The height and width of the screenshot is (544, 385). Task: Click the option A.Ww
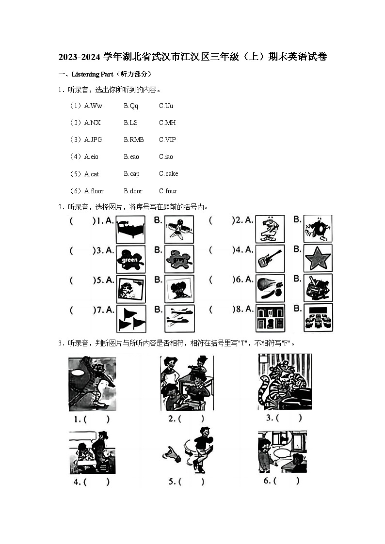point(93,106)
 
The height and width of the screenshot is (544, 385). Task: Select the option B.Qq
point(131,106)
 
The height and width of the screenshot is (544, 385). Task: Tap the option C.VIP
point(167,140)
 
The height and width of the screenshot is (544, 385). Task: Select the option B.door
point(133,191)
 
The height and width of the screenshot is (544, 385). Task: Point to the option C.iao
point(166,156)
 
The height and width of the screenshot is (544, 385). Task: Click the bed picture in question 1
point(130,230)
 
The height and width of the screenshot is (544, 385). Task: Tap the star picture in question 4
point(318,259)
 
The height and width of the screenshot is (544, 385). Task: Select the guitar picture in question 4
point(270,259)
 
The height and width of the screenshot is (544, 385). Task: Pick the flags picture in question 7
point(130,318)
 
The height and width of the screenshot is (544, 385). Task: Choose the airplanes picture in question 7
point(179,318)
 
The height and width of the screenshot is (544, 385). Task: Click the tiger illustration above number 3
point(285,382)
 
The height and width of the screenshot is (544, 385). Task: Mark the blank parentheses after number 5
point(192,482)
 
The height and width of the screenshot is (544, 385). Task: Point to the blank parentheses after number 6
point(287,481)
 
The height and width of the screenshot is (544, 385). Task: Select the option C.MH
point(167,123)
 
